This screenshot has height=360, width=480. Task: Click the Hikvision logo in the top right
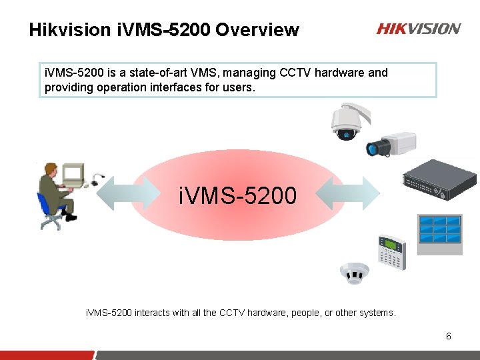(x=418, y=29)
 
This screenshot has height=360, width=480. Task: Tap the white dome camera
(x=347, y=122)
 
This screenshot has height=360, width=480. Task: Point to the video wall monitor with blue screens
(x=439, y=233)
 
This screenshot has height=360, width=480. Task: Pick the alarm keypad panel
(x=391, y=251)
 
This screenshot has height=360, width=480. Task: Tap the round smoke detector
(x=354, y=273)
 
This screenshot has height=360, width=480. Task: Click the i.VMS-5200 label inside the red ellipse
(x=238, y=196)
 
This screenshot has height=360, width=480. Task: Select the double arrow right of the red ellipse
(x=345, y=193)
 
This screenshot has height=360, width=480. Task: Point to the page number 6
(x=449, y=336)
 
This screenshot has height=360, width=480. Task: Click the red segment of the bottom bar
(x=47, y=355)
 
